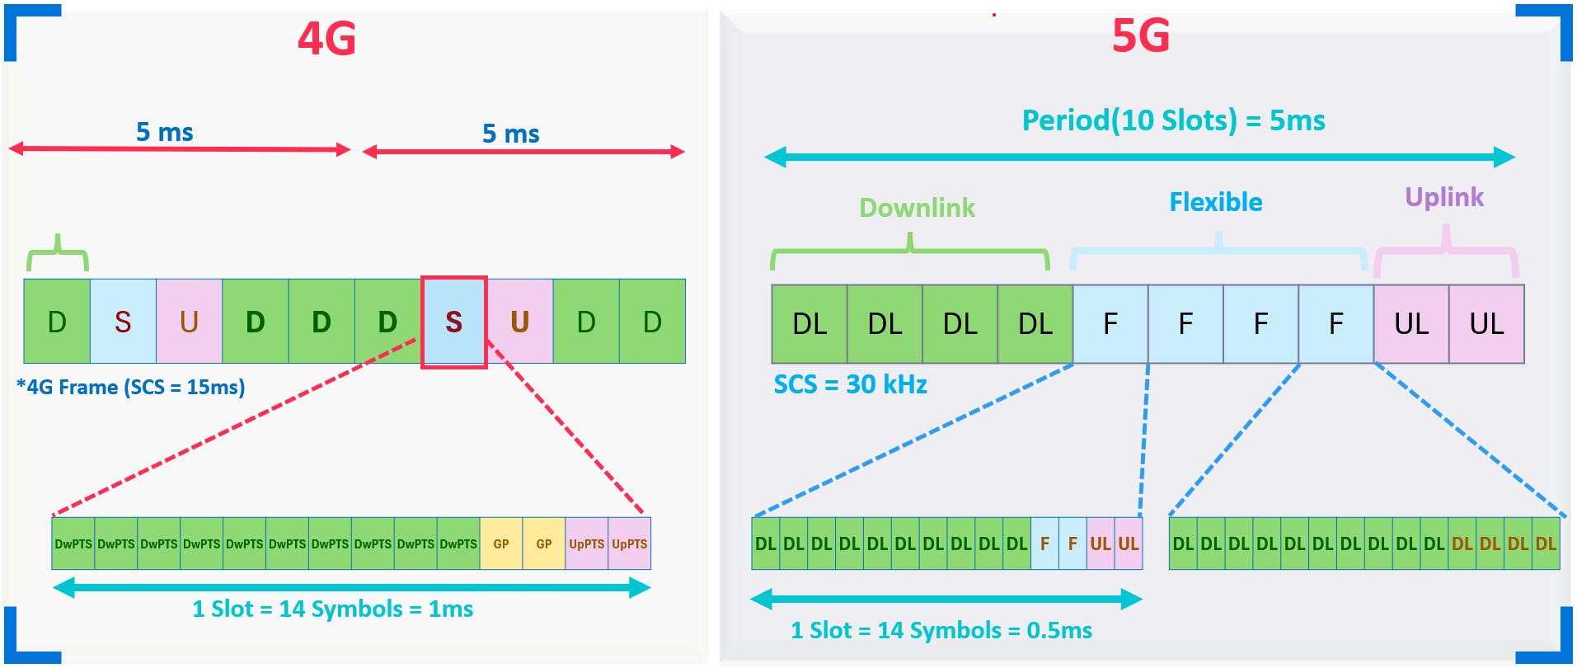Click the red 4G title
pos(327,39)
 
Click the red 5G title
pos(1141,35)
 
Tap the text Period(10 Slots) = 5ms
pos(1173,120)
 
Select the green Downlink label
pos(917,208)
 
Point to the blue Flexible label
pos(1216,202)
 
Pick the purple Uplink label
pos(1444,198)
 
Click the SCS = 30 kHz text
pos(850,384)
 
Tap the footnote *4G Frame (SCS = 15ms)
pos(131,388)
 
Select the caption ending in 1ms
pos(333,609)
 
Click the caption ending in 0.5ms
pos(941,631)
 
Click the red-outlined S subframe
pos(453,322)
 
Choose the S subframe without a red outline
pos(123,322)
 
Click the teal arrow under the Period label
pos(1139,157)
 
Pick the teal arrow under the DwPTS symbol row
pos(352,587)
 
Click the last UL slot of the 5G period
pos(1486,324)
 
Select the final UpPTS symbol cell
pos(630,543)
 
